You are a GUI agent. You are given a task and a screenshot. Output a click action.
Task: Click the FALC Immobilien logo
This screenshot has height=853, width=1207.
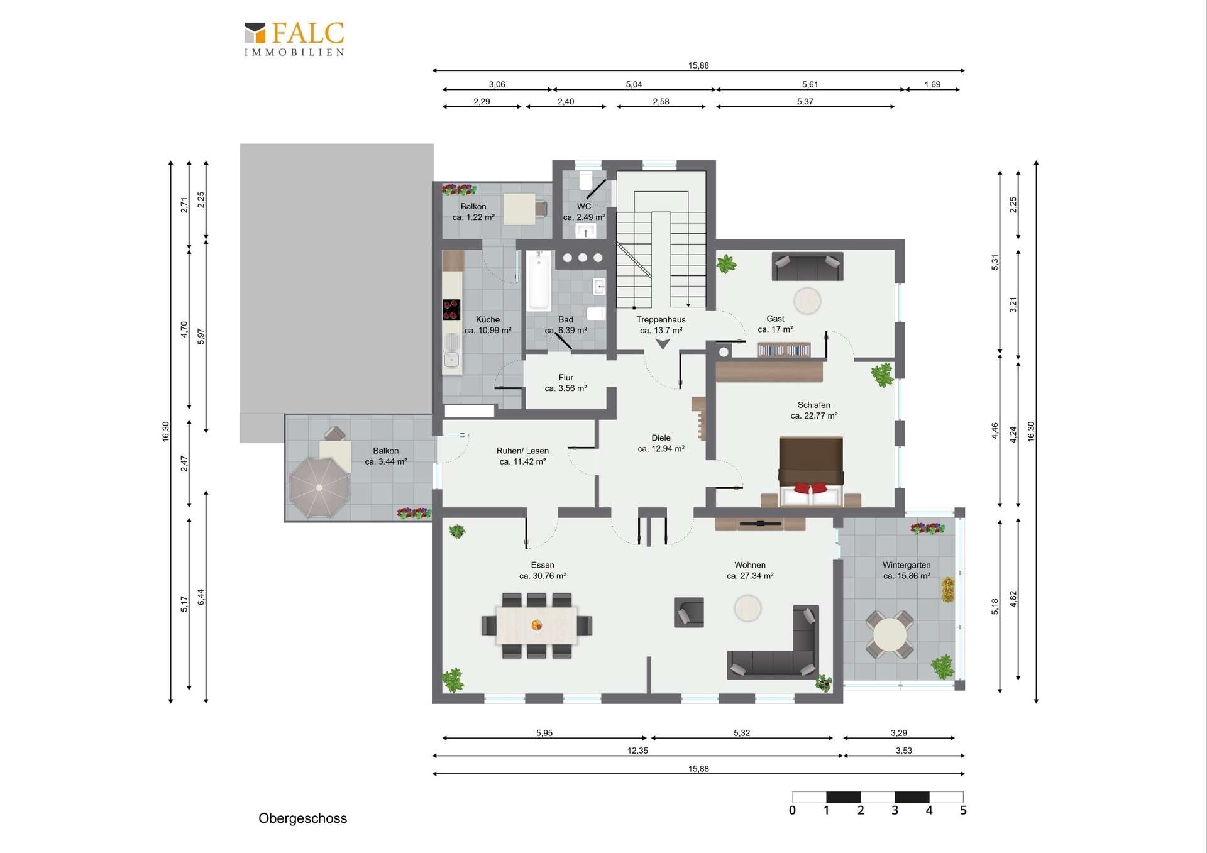pos(294,39)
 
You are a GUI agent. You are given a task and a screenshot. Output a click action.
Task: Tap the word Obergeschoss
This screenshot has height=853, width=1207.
pos(302,818)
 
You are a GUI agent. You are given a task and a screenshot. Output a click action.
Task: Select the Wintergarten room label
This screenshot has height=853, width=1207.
pos(906,565)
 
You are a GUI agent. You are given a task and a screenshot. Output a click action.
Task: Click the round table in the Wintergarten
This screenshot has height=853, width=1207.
pos(890,635)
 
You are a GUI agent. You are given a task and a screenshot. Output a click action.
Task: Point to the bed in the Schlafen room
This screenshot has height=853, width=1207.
pos(811,471)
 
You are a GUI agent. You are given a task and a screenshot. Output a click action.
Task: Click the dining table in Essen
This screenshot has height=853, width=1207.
pos(536,625)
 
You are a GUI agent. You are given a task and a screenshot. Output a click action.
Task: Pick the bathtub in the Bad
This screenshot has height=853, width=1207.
pos(539,280)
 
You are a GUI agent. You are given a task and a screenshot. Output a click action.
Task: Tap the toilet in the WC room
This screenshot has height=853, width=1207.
pos(585,181)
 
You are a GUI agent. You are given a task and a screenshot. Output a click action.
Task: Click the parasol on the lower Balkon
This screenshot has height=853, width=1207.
pos(319,488)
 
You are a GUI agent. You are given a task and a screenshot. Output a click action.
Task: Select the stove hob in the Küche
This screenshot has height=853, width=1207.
pos(451,310)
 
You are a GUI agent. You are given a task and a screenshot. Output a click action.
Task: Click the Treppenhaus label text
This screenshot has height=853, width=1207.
pos(661,320)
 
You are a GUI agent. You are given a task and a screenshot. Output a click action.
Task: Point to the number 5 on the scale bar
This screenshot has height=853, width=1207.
pos(963,811)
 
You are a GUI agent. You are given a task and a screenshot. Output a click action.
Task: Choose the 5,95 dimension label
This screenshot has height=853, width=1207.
pos(544,733)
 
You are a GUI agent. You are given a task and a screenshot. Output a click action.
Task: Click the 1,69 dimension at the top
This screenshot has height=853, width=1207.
pos(932,84)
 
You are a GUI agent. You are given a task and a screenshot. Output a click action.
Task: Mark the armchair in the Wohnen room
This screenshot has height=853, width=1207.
pos(689,612)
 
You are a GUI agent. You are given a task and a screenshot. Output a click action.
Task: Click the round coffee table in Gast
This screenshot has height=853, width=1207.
pos(807,301)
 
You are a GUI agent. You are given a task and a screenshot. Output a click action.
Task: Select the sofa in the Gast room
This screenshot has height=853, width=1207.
pos(807,267)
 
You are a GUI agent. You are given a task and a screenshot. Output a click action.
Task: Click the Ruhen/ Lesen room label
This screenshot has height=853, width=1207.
pos(522,451)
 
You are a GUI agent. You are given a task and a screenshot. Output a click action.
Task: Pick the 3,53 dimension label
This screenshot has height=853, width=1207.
pos(903,751)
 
